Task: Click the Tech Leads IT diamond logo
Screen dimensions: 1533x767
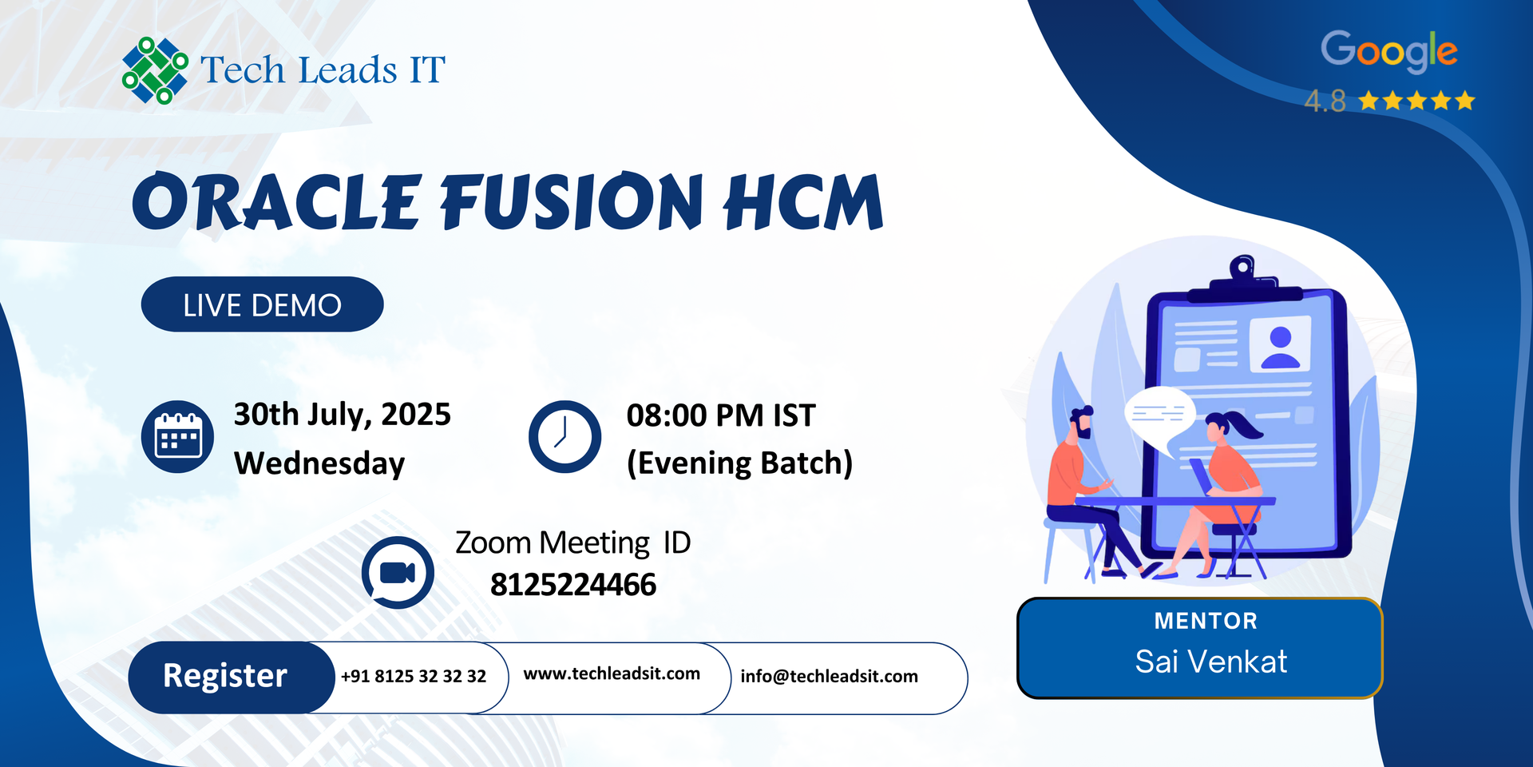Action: click(155, 70)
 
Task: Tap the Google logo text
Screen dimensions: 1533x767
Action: click(1389, 51)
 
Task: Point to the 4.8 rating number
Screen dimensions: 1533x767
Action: click(1325, 101)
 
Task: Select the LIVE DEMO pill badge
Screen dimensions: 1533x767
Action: click(262, 304)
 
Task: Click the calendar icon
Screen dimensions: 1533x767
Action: click(177, 436)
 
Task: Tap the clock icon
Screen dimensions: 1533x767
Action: click(564, 436)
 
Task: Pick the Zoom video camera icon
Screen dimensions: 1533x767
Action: click(398, 572)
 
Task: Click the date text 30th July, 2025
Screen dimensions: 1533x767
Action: click(342, 415)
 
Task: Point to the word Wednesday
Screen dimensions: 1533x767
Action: click(319, 463)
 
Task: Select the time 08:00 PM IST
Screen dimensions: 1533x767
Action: click(721, 415)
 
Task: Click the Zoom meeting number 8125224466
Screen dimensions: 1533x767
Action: click(573, 585)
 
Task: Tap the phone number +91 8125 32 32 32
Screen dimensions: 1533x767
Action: click(414, 676)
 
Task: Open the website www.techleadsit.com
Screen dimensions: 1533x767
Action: click(612, 674)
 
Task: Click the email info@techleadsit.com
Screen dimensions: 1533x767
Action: click(829, 676)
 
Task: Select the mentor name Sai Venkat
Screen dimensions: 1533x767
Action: click(1210, 662)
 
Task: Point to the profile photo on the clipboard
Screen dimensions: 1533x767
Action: click(1280, 344)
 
